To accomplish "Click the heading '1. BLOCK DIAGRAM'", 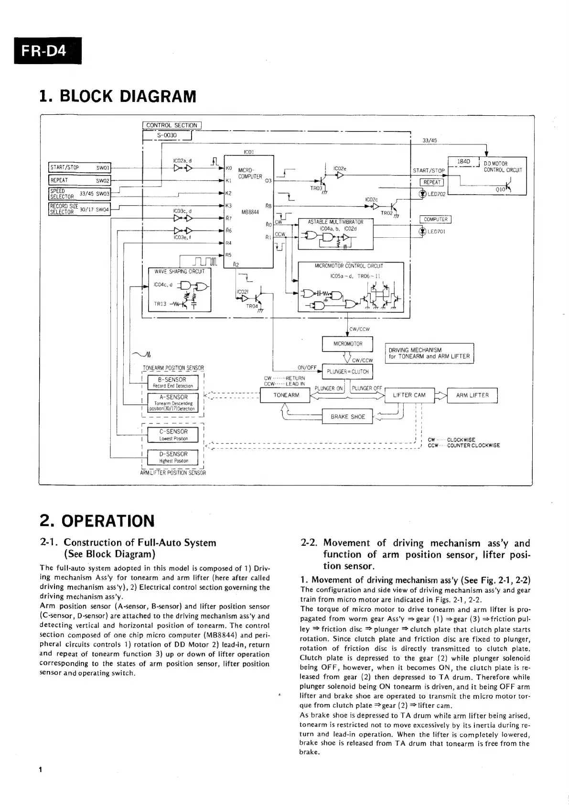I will tap(118, 96).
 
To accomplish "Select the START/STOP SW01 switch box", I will tap(80, 167).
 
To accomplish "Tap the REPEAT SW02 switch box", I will tap(80, 180).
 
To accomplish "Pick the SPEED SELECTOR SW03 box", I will tap(80, 194).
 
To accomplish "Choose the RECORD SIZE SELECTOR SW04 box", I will tap(80, 209).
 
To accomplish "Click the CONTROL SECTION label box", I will tap(172, 125).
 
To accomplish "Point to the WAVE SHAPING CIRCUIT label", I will tap(180, 272).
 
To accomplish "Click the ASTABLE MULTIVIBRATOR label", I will tap(335, 222).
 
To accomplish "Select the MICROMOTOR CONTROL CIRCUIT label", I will tap(351, 266).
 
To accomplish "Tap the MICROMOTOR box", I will tap(348, 343).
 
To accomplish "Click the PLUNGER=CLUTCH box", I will tap(347, 372).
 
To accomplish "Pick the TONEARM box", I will tap(286, 395).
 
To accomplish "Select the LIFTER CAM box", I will tap(409, 395).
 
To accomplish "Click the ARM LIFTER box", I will tap(472, 395).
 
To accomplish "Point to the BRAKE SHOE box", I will tap(347, 417).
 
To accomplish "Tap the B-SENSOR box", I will tap(172, 383).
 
